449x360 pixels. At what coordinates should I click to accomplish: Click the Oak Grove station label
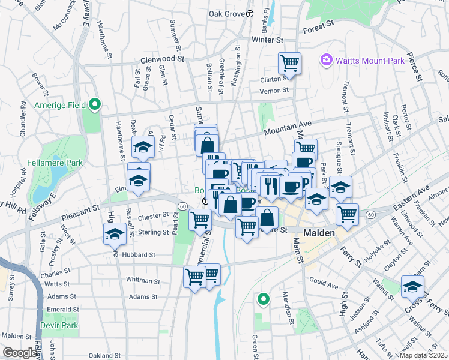(227, 13)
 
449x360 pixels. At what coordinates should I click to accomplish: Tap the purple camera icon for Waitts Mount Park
(327, 59)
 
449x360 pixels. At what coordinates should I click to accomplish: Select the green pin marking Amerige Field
(94, 105)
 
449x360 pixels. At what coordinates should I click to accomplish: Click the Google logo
(20, 353)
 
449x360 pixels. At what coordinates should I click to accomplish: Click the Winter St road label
(267, 40)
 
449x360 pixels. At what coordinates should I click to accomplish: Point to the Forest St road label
(318, 28)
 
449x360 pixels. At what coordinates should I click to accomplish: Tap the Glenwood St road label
(162, 59)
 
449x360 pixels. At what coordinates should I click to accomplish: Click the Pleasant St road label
(80, 210)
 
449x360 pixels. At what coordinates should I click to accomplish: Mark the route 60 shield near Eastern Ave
(372, 214)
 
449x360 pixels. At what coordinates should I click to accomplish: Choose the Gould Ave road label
(324, 281)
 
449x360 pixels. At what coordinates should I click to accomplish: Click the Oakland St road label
(105, 355)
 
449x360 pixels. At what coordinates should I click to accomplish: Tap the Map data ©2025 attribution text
(423, 355)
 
